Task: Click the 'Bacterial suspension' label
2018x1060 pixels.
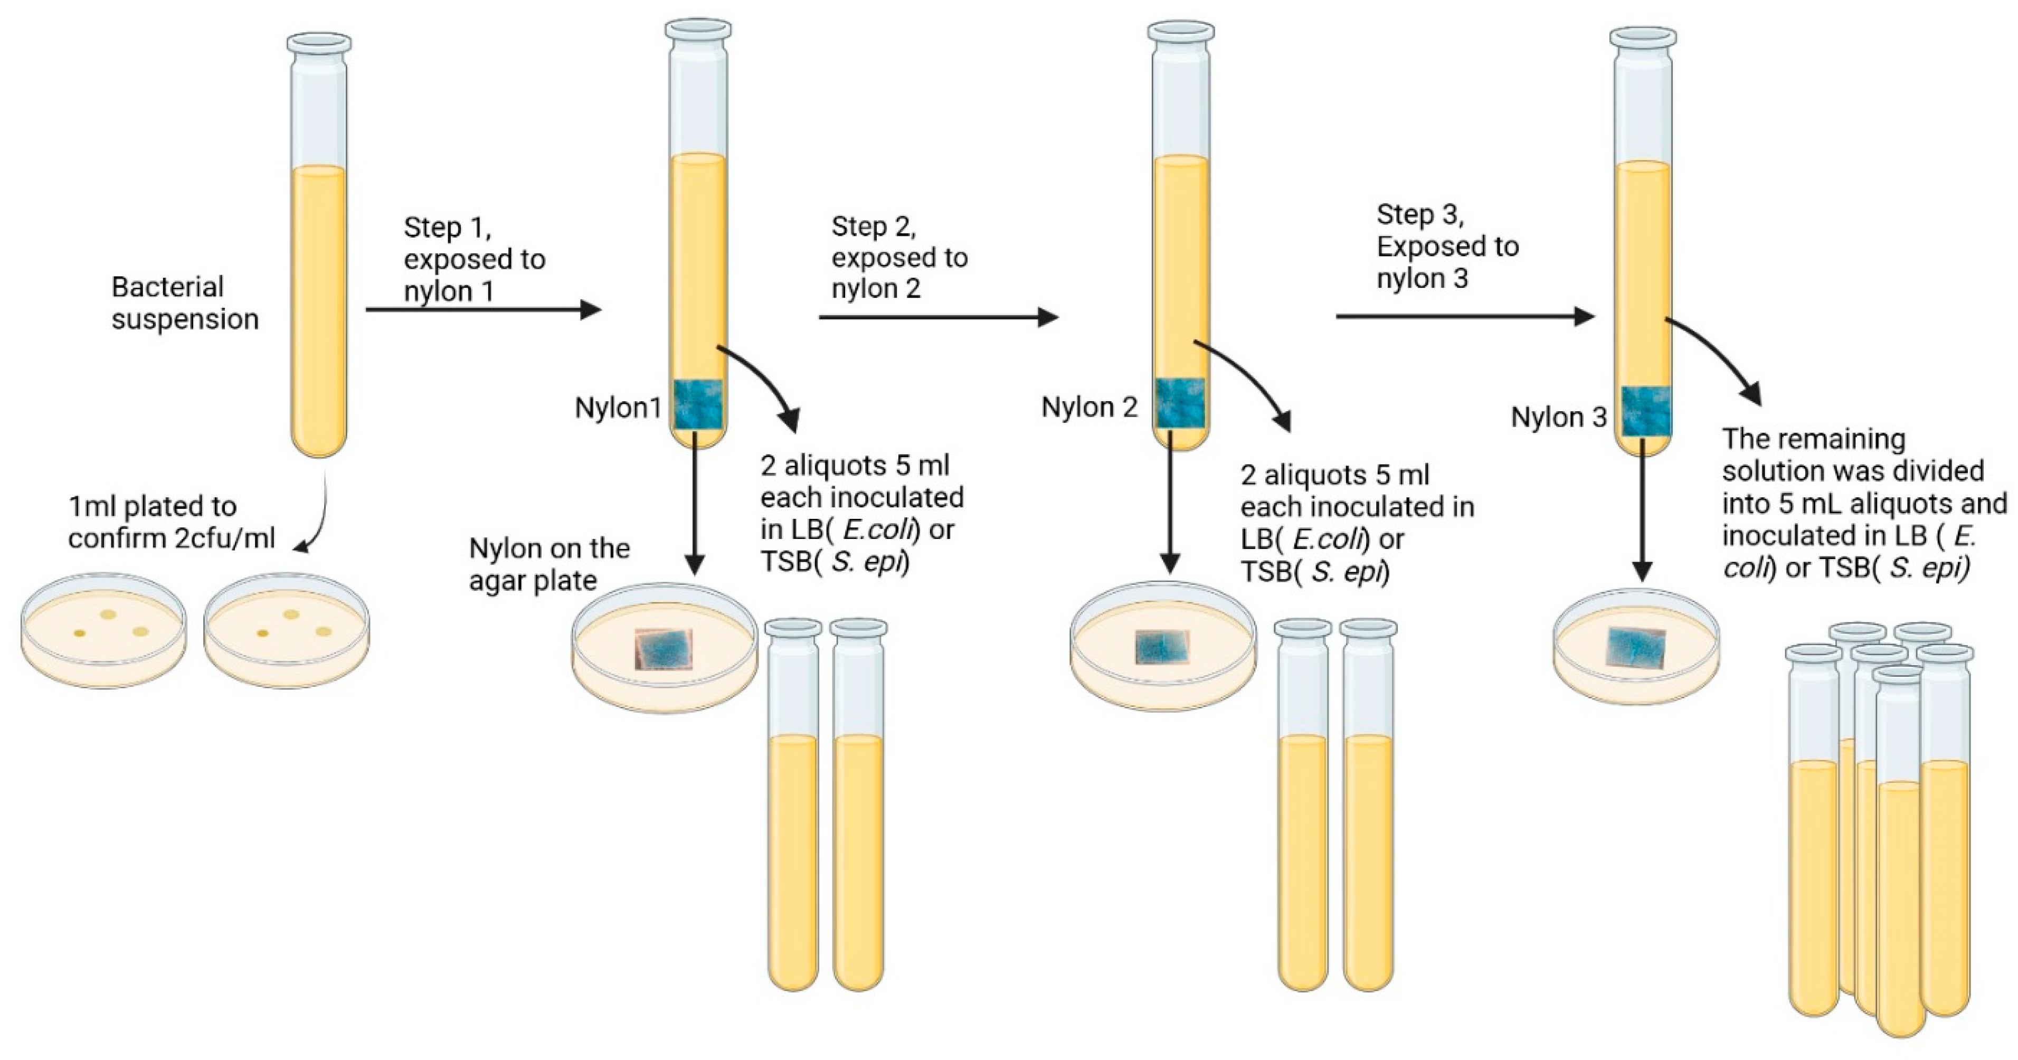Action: coord(185,303)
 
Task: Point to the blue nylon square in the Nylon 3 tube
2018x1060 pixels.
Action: coord(1645,411)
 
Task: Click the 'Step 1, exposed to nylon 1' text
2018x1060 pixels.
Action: coord(474,259)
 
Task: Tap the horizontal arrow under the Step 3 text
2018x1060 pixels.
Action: coord(1464,317)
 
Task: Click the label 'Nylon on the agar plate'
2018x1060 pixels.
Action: coord(549,564)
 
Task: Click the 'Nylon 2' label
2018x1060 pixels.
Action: coord(1089,408)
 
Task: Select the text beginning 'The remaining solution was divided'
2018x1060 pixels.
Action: coord(1863,503)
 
